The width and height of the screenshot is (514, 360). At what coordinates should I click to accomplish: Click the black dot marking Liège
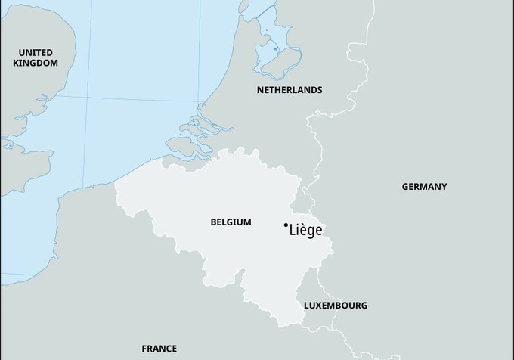[x=285, y=225]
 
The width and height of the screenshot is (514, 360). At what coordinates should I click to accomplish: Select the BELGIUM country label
[x=231, y=222]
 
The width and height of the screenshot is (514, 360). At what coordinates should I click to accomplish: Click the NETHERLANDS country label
[x=290, y=90]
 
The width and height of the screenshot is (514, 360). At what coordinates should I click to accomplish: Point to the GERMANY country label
[x=424, y=186]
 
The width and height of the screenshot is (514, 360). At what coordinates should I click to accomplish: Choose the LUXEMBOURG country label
[x=336, y=306]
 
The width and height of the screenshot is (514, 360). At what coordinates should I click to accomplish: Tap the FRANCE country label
[x=159, y=349]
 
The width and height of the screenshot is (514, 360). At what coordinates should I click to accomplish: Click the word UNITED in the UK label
[x=36, y=52]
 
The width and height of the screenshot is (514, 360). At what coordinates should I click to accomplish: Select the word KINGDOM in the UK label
[x=36, y=63]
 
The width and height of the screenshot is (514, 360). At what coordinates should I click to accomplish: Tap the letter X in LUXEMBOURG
[x=320, y=306]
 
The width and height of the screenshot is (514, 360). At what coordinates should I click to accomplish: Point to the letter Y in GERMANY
[x=444, y=186]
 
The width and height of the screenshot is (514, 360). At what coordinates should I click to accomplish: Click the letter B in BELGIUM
[x=214, y=222]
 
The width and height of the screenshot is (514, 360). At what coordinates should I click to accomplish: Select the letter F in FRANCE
[x=144, y=349]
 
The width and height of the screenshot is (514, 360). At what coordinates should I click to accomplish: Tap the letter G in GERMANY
[x=405, y=186]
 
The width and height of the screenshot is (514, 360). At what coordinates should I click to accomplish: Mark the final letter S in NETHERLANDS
[x=320, y=90]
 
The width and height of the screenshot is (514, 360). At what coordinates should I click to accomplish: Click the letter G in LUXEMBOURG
[x=364, y=306]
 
